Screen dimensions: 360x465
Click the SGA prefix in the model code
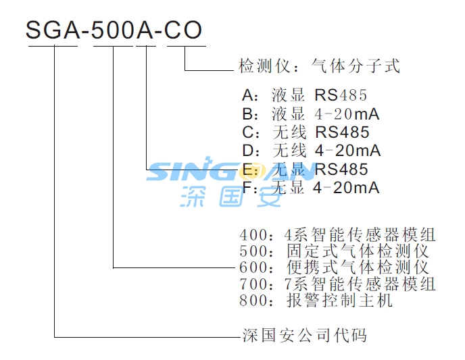click(53, 30)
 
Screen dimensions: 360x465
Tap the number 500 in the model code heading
click(112, 30)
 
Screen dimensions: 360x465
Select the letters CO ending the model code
click(184, 30)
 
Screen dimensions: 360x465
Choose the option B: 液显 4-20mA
click(311, 113)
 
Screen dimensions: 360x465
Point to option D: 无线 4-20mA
click(311, 149)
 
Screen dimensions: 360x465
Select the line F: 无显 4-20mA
click(311, 187)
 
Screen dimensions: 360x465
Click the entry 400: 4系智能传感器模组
click(338, 235)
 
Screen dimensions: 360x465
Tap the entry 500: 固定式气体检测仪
click(335, 251)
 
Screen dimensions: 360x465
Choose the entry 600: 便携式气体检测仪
click(335, 267)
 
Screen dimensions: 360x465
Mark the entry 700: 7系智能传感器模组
click(338, 284)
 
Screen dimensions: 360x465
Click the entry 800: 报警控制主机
click(316, 301)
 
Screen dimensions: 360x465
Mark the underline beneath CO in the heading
click(185, 47)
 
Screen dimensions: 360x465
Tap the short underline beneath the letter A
click(146, 47)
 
